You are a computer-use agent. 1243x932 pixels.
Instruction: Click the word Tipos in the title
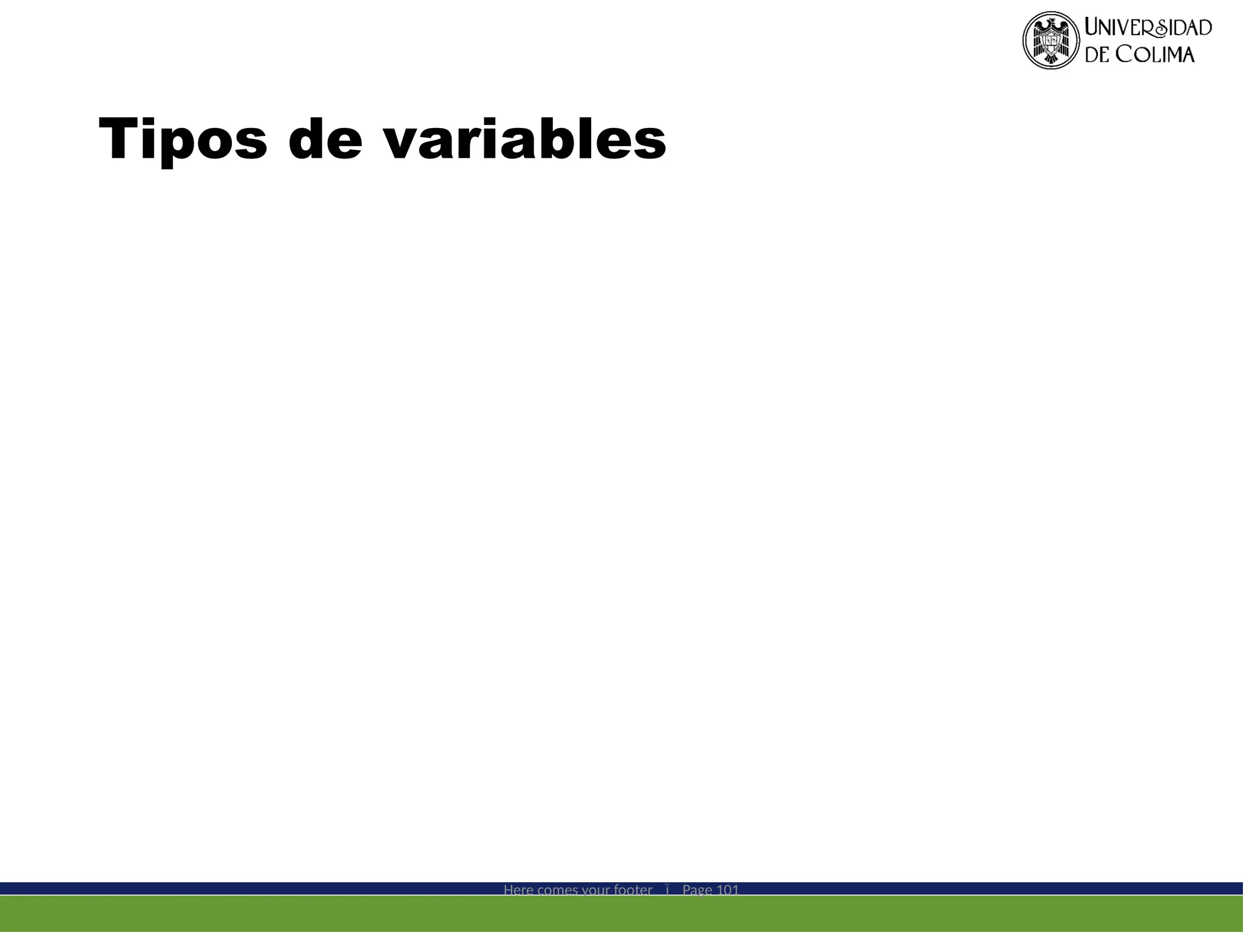[x=183, y=140]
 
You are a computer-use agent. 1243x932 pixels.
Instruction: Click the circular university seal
[x=1051, y=40]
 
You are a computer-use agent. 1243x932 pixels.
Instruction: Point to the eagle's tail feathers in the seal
[x=1051, y=58]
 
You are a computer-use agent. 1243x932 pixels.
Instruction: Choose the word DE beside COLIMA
[x=1098, y=55]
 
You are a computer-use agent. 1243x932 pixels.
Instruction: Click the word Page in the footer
[x=697, y=890]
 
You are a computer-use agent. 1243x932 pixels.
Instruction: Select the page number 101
[x=728, y=890]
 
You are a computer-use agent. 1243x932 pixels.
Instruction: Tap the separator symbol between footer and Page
[x=667, y=890]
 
